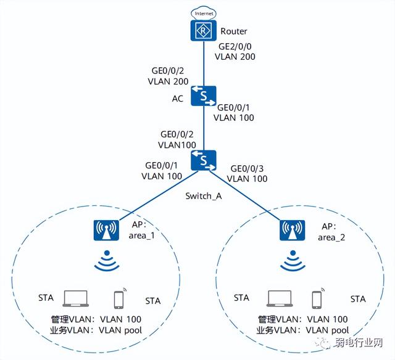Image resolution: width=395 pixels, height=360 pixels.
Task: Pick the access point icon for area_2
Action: tap(291, 231)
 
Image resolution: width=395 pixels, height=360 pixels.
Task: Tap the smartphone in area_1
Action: tap(120, 298)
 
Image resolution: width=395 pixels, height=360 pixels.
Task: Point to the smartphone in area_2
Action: tap(317, 298)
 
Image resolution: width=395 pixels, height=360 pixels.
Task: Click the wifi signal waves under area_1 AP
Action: tap(106, 262)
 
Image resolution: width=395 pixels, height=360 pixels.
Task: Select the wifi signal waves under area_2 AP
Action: tap(292, 262)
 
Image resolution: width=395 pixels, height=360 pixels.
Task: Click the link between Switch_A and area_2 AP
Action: tap(247, 195)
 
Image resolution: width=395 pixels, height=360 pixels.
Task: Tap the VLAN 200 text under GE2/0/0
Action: tap(236, 57)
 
